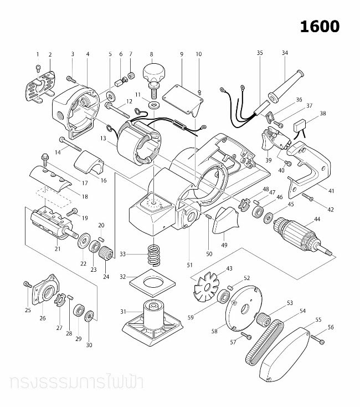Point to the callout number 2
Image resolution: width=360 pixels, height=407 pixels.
coord(50,54)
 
